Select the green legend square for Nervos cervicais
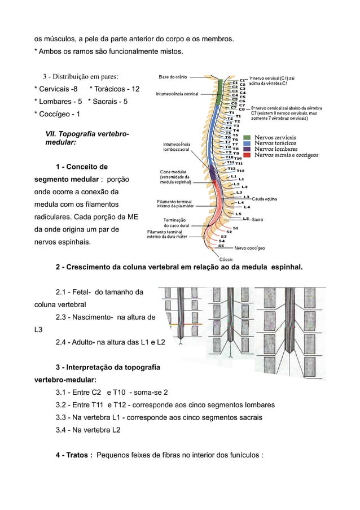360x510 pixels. coord(247,137)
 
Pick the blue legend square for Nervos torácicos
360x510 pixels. coord(247,143)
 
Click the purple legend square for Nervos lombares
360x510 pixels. coord(247,149)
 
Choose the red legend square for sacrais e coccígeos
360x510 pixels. coord(247,155)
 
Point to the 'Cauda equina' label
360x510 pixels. coord(264,199)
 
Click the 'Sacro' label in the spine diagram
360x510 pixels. coord(257,219)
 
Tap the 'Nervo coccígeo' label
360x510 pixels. coord(249,247)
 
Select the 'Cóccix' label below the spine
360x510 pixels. coord(226,259)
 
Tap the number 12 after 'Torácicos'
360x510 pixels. coord(135,89)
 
